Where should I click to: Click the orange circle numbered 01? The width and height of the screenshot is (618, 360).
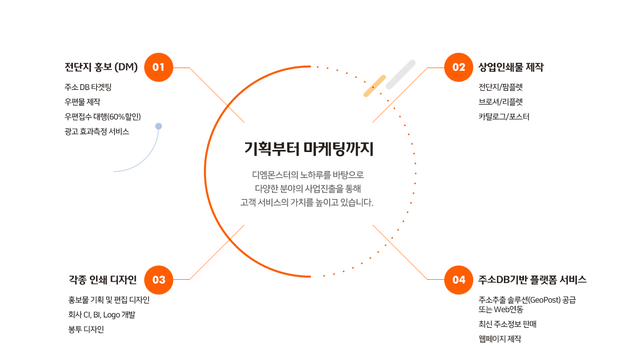[x=158, y=68]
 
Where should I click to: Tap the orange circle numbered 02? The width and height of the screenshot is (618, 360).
[x=458, y=68]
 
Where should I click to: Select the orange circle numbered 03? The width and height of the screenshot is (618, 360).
[x=158, y=280]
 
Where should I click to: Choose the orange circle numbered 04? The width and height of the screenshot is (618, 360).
[x=458, y=280]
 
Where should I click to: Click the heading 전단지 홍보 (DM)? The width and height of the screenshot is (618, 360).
[x=101, y=68]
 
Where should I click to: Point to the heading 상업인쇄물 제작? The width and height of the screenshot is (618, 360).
[x=511, y=68]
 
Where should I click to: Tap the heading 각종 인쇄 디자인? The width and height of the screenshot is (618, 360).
[x=103, y=280]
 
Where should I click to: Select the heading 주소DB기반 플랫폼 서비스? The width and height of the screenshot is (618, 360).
[x=532, y=280]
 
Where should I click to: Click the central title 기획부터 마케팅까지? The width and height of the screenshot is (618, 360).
[x=308, y=149]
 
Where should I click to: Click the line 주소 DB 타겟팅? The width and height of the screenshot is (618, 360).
[x=88, y=87]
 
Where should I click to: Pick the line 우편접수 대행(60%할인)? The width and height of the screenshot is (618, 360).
[x=102, y=117]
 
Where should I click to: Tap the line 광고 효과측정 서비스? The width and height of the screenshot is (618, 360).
[x=97, y=131]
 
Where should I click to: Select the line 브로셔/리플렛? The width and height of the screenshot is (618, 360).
[x=501, y=102]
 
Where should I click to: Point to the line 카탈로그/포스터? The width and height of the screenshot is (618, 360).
[x=504, y=117]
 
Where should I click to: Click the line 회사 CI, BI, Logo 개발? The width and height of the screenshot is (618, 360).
[x=102, y=315]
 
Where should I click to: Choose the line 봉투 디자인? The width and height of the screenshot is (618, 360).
[x=86, y=329]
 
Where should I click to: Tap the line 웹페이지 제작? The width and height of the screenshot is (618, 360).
[x=500, y=339]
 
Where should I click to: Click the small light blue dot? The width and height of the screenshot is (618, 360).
[x=158, y=126]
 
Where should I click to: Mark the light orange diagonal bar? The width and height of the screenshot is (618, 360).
[x=374, y=86]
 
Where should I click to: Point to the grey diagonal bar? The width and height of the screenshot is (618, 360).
[x=401, y=74]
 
